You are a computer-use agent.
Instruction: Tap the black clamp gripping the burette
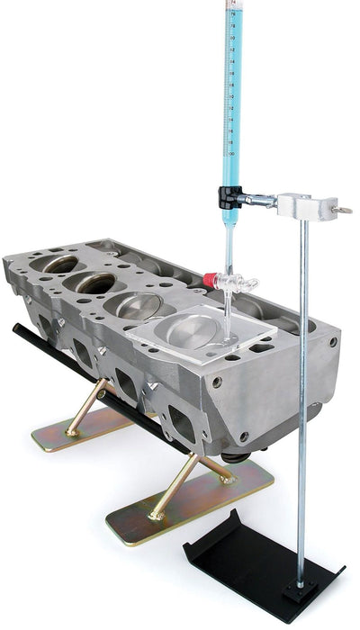click(229, 193)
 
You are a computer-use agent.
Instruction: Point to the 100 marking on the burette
click(231, 154)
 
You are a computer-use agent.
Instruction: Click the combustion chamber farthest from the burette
click(58, 263)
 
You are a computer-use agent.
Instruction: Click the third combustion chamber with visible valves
click(136, 304)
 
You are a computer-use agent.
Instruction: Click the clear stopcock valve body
click(234, 284)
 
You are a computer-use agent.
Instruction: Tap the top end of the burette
click(231, 4)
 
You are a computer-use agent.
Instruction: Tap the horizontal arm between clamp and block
click(261, 197)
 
